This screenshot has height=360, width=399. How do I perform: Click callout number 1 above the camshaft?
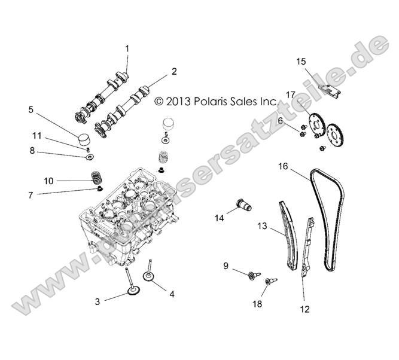pos(127,48)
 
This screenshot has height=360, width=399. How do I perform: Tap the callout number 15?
pos(301,61)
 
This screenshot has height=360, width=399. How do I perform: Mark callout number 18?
pos(257,304)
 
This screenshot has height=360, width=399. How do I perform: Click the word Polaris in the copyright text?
pos(209,102)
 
